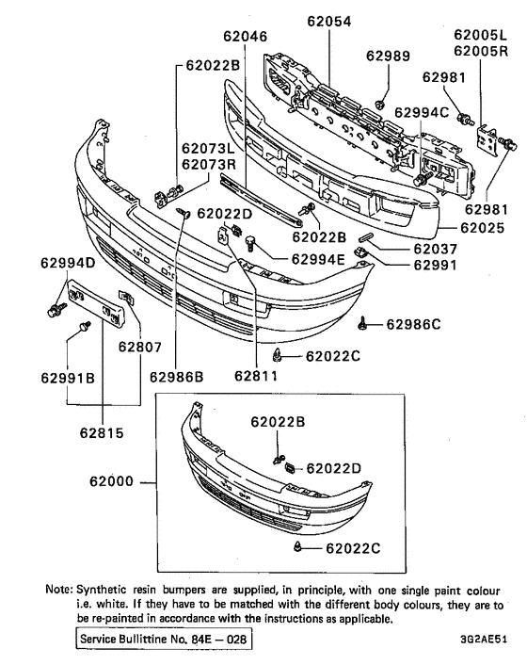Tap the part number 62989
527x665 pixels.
click(x=389, y=57)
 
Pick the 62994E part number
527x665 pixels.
click(x=318, y=259)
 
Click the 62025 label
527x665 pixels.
click(x=488, y=228)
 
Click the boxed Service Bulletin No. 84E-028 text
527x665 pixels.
click(x=165, y=640)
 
